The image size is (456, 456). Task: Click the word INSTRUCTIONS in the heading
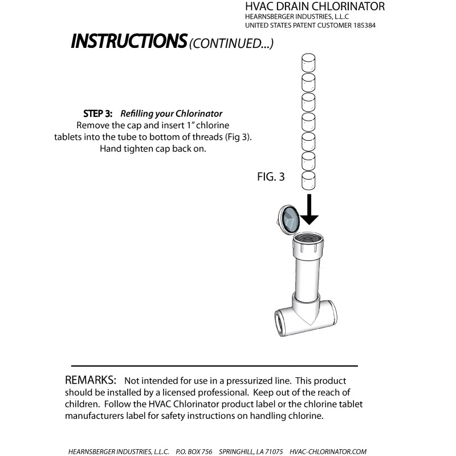pos(129,41)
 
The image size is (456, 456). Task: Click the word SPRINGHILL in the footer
pos(229,451)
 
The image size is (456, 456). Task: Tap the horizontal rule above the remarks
pos(214,365)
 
